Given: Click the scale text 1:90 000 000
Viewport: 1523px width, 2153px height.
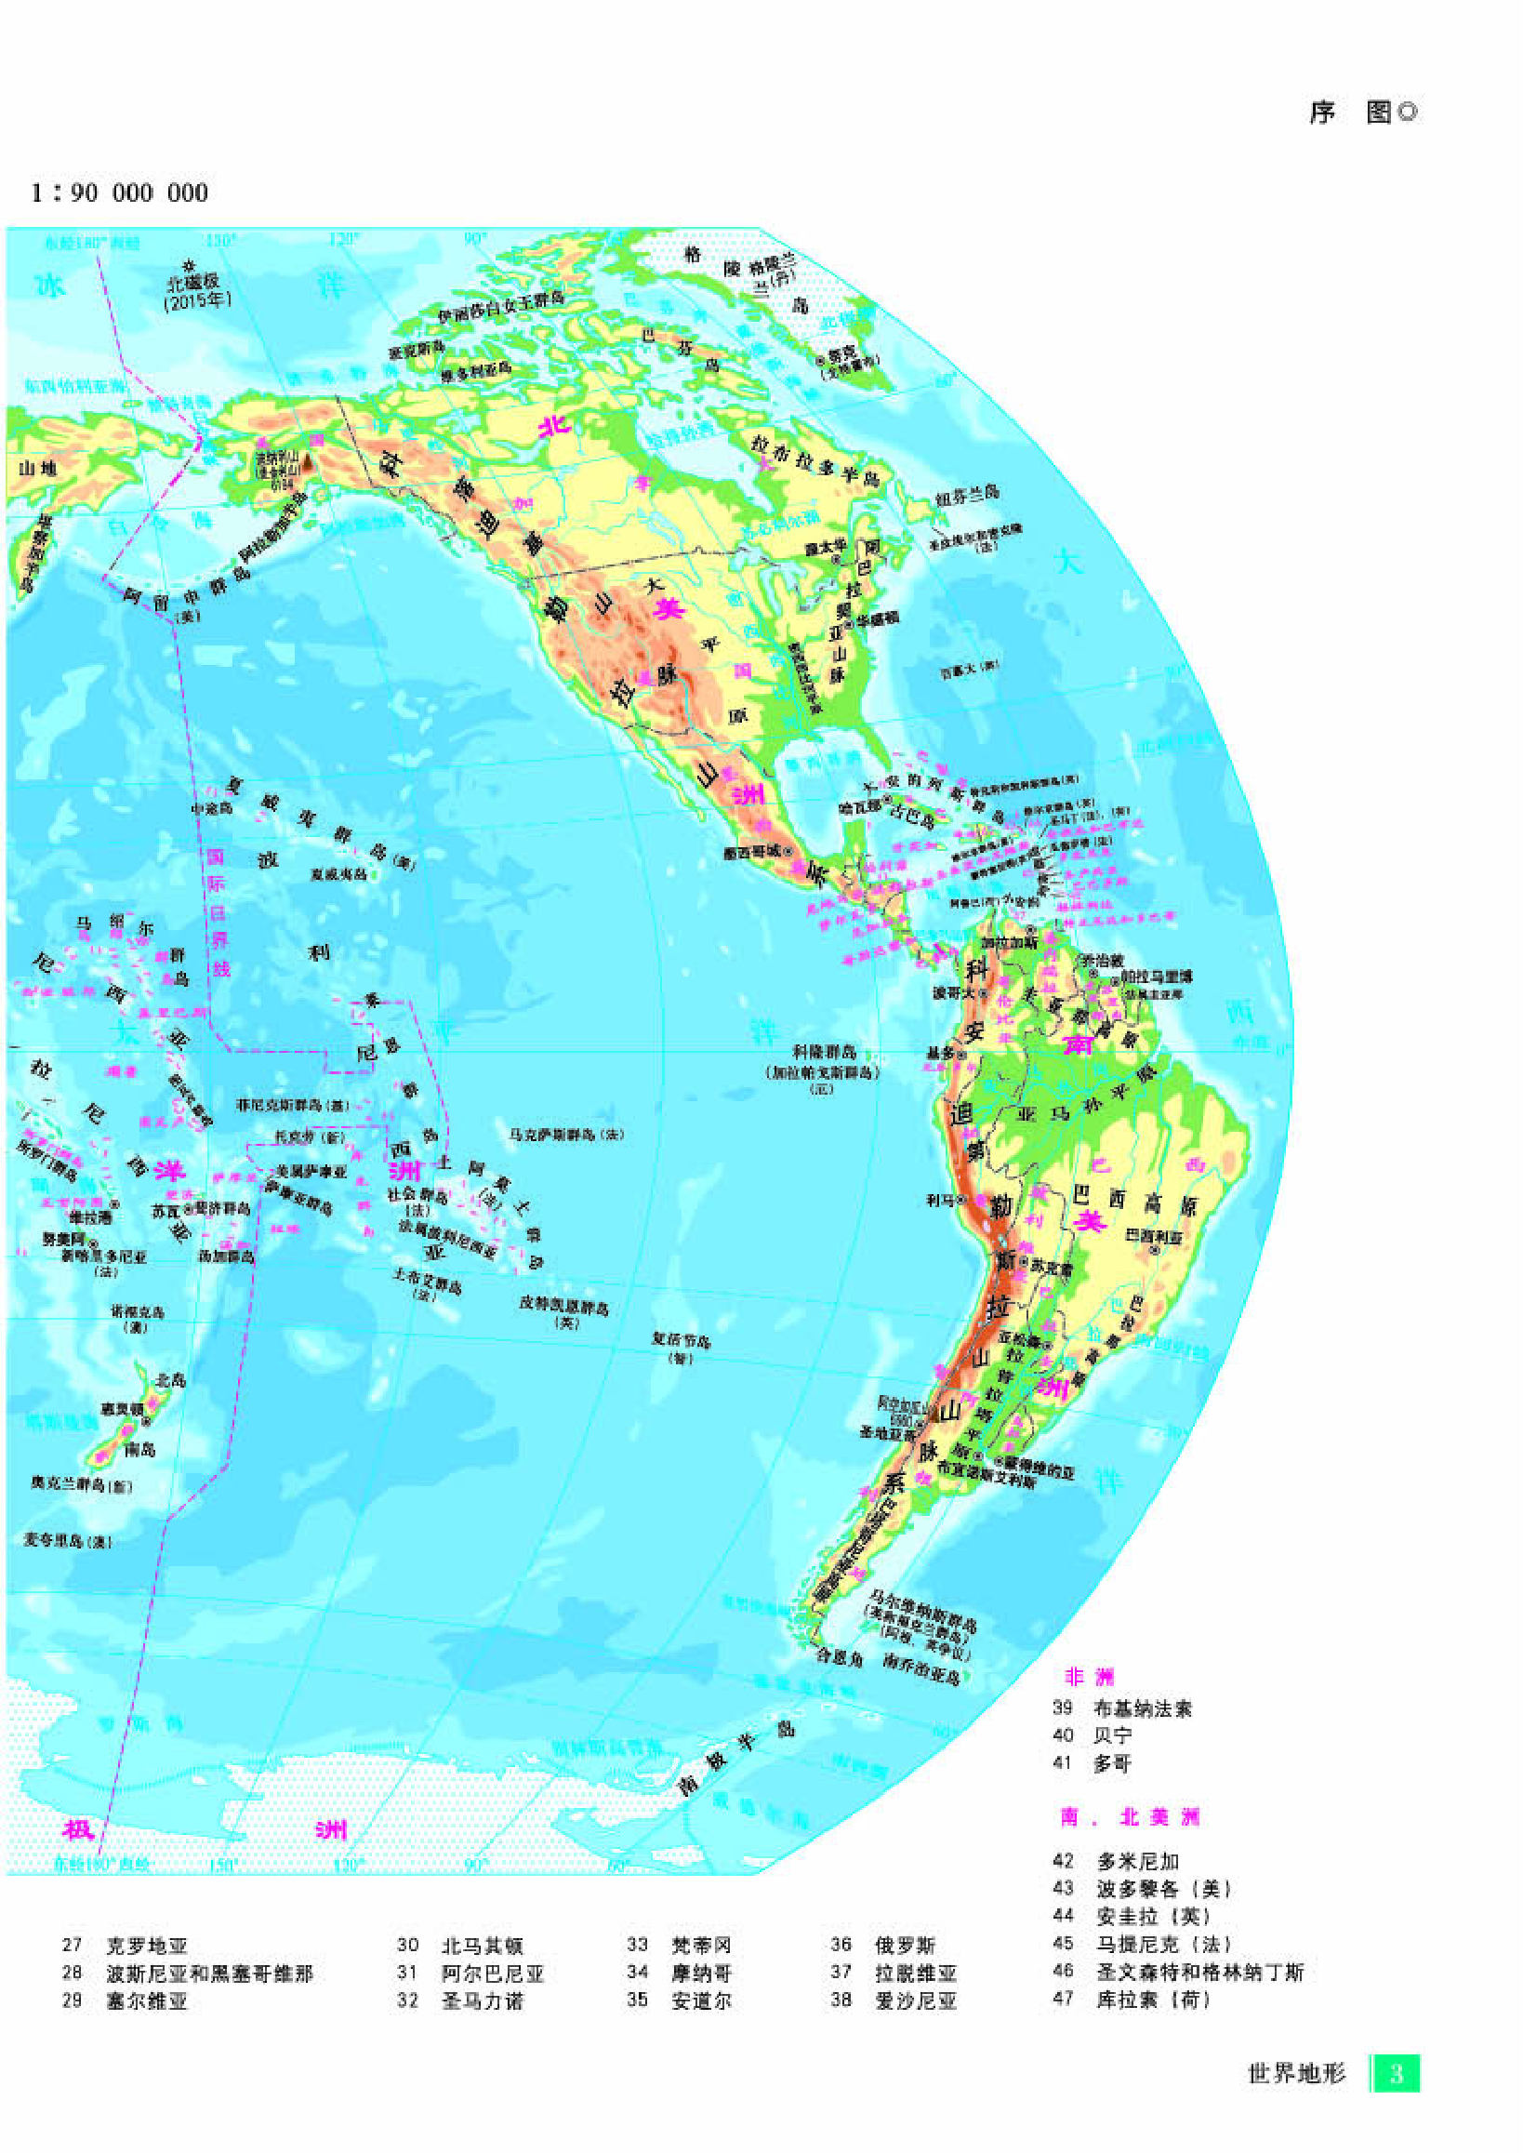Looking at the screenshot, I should click(x=119, y=193).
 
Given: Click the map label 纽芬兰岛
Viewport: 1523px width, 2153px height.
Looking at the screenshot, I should click(x=968, y=494).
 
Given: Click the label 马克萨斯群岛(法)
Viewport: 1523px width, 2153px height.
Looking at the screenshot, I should click(x=566, y=1136).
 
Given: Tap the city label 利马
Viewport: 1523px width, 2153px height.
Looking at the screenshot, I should click(x=940, y=1201).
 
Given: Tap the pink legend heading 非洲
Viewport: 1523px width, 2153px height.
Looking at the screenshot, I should click(x=1088, y=1677).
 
